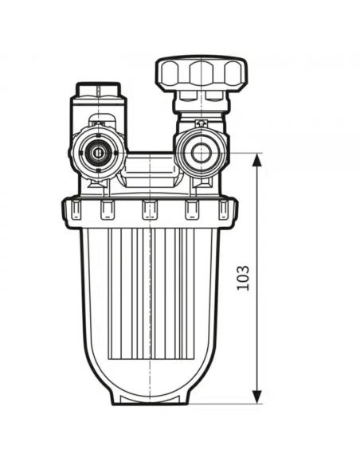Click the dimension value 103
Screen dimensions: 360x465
(243, 278)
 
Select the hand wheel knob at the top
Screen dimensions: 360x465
(202, 72)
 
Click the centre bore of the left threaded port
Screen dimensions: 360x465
(97, 153)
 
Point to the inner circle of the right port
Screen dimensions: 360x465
(201, 153)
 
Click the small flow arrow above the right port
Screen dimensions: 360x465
(201, 123)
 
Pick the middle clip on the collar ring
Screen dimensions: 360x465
(150, 209)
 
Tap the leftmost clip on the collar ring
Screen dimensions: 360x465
(76, 209)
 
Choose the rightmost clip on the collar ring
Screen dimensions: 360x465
(223, 209)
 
